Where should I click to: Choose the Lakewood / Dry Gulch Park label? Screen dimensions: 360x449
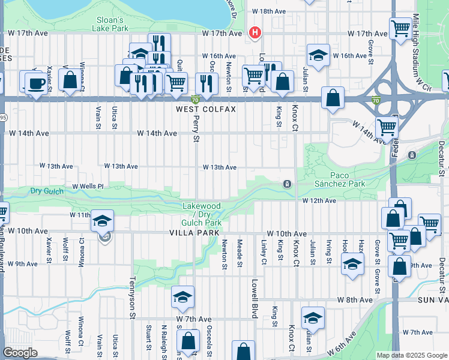pos(202,214)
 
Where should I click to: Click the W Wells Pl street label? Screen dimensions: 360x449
pos(88,187)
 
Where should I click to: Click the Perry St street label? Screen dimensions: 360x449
pos(196,129)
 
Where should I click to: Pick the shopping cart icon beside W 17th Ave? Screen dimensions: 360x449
pos(400,28)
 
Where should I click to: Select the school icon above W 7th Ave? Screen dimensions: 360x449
pos(183,296)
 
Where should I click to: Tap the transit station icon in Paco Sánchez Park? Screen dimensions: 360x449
pos(288,184)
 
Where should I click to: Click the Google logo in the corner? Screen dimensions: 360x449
pos(20,353)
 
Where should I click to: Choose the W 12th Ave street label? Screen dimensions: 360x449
pos(319,200)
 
